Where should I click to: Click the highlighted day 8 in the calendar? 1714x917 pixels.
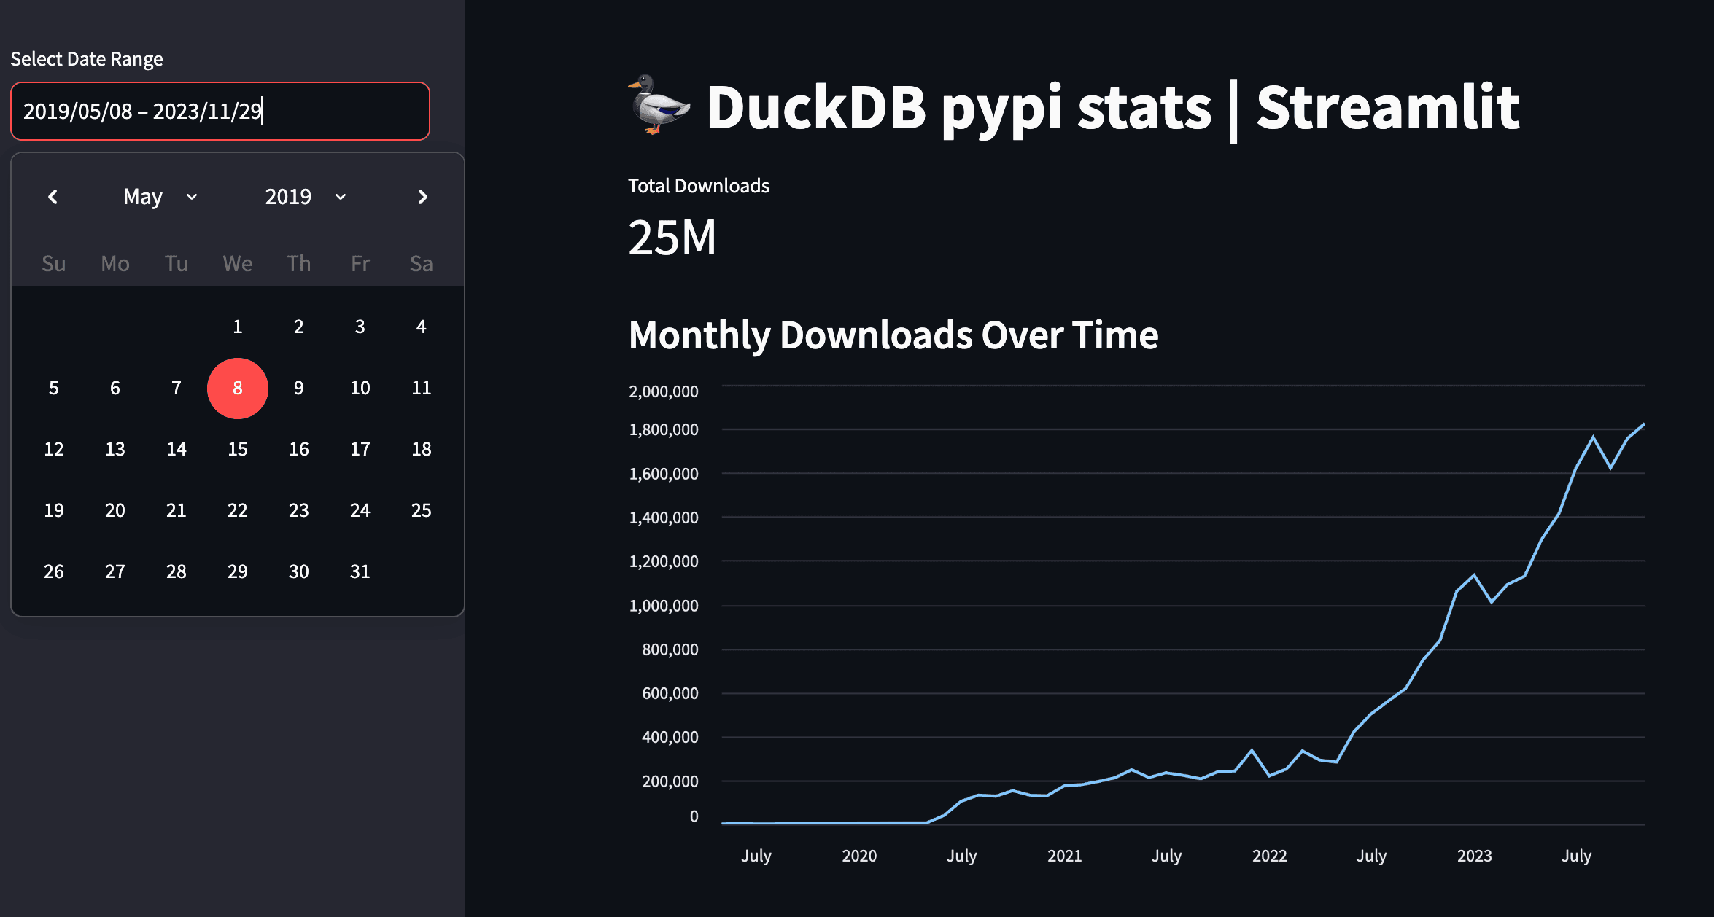coord(237,388)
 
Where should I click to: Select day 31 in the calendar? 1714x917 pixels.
coord(360,571)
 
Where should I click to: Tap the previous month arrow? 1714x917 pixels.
coord(53,197)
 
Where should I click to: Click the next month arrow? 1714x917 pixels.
coord(422,197)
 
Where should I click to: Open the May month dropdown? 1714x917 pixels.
coord(160,197)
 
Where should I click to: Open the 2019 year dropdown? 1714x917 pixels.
coord(305,197)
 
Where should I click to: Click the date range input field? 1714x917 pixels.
coord(220,111)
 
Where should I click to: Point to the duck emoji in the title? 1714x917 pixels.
coord(659,105)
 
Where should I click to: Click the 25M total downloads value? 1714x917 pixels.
coord(672,238)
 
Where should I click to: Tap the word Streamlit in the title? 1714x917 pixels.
coord(1387,108)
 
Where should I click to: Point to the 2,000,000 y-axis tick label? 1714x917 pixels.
coord(663,391)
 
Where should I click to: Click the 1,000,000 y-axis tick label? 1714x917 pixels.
coord(663,606)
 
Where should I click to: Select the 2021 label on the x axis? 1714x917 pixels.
coord(1064,856)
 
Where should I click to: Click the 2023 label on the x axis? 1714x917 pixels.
coord(1474,856)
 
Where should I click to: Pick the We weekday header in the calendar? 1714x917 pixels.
coord(237,263)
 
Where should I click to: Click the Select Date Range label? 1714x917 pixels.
coord(87,59)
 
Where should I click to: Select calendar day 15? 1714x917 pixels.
coord(237,449)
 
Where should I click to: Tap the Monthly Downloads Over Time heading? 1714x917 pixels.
coord(893,335)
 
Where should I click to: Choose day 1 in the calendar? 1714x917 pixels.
coord(237,327)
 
